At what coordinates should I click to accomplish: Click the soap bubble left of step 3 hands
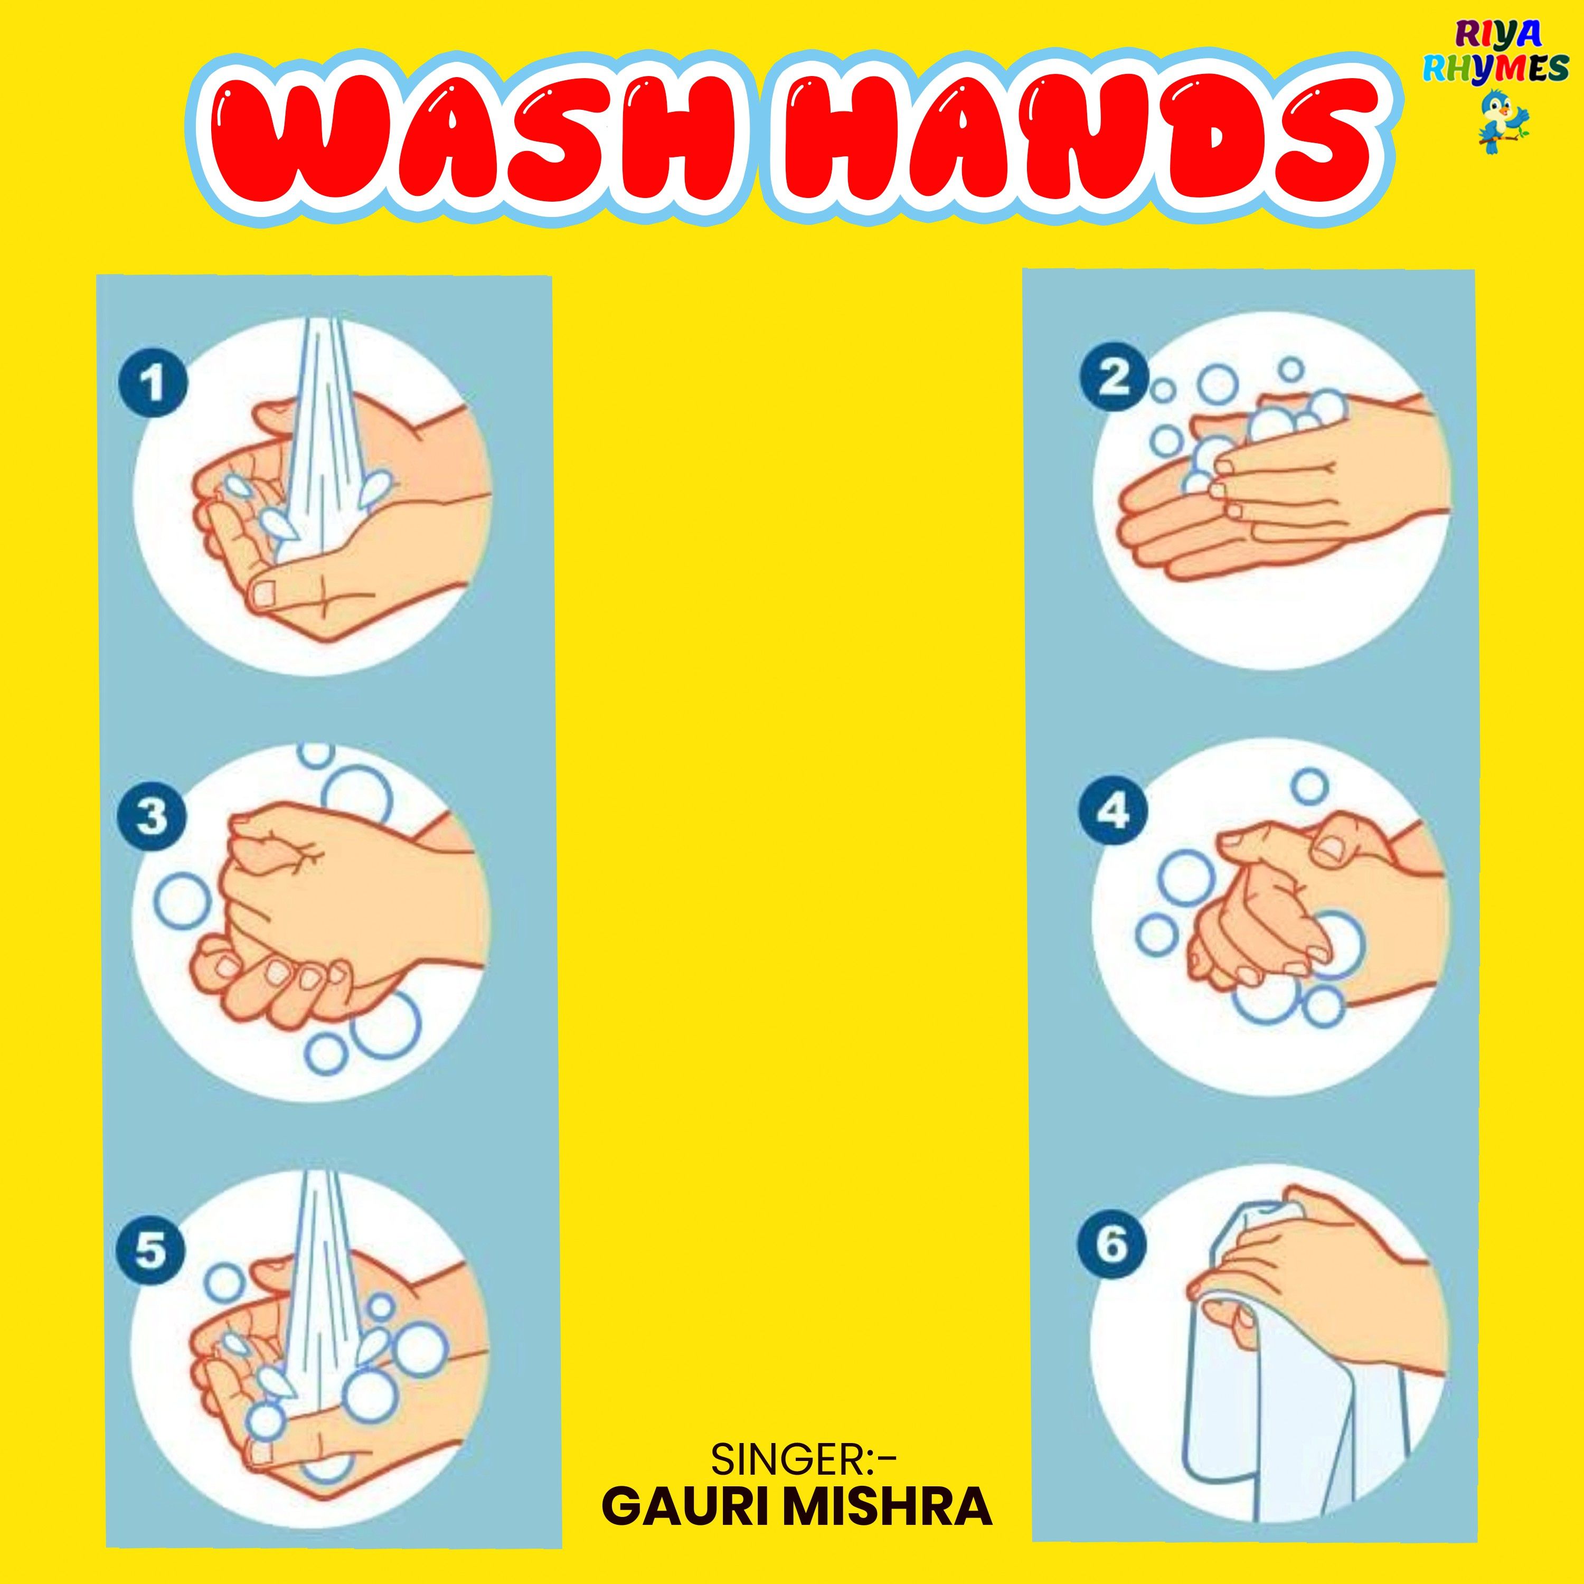181,902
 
